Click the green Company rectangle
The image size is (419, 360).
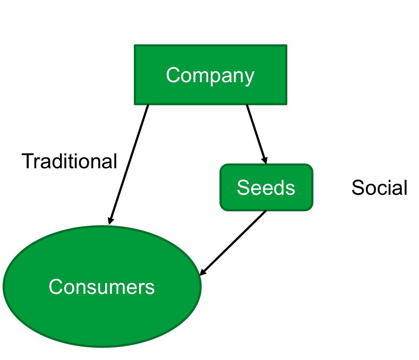pyautogui.click(x=210, y=75)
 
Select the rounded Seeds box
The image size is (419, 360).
pyautogui.click(x=266, y=187)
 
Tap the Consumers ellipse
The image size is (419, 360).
pyautogui.click(x=102, y=287)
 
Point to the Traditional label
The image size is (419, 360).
pyautogui.click(x=69, y=161)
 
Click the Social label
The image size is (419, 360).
pyautogui.click(x=379, y=187)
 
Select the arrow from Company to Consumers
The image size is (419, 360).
pyautogui.click(x=129, y=164)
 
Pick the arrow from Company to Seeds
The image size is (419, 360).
pyautogui.click(x=256, y=134)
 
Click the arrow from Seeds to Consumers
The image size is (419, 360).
pyautogui.click(x=233, y=243)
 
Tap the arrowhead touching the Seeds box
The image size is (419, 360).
pyautogui.click(x=264, y=160)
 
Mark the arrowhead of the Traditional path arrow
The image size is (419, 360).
pyautogui.click(x=110, y=220)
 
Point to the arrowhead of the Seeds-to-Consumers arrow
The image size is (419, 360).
pyautogui.click(x=203, y=272)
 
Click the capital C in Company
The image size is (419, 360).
pyautogui.click(x=173, y=75)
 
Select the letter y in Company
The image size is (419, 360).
pyautogui.click(x=249, y=78)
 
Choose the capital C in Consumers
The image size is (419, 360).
pyautogui.click(x=56, y=287)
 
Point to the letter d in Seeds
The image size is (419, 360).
pyautogui.click(x=279, y=187)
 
